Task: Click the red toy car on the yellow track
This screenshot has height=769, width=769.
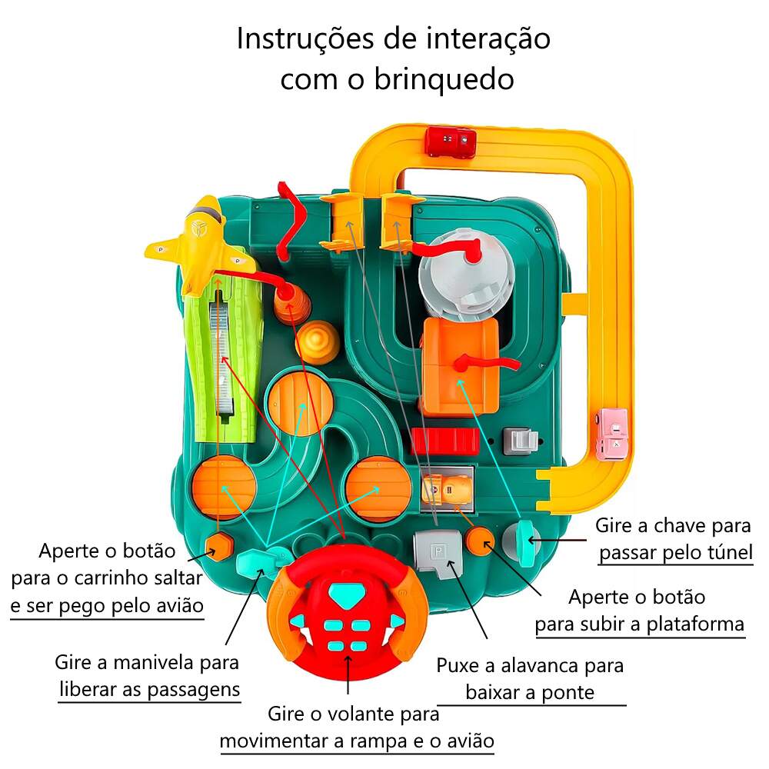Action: (450, 141)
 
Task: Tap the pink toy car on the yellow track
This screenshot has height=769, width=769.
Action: (611, 434)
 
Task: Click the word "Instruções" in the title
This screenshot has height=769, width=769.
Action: (305, 39)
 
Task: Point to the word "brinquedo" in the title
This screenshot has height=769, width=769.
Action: (444, 79)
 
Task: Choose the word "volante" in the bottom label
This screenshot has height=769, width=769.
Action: (363, 714)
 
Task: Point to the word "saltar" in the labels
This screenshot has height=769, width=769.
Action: (178, 578)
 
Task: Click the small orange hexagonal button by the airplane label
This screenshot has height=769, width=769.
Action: (218, 546)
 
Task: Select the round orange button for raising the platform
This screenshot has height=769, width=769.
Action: (480, 541)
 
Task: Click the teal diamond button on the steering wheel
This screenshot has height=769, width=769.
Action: (342, 594)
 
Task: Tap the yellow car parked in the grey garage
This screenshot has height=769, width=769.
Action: (448, 489)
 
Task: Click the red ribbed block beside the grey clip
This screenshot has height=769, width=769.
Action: (444, 441)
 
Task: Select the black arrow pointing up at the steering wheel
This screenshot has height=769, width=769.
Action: (348, 674)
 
